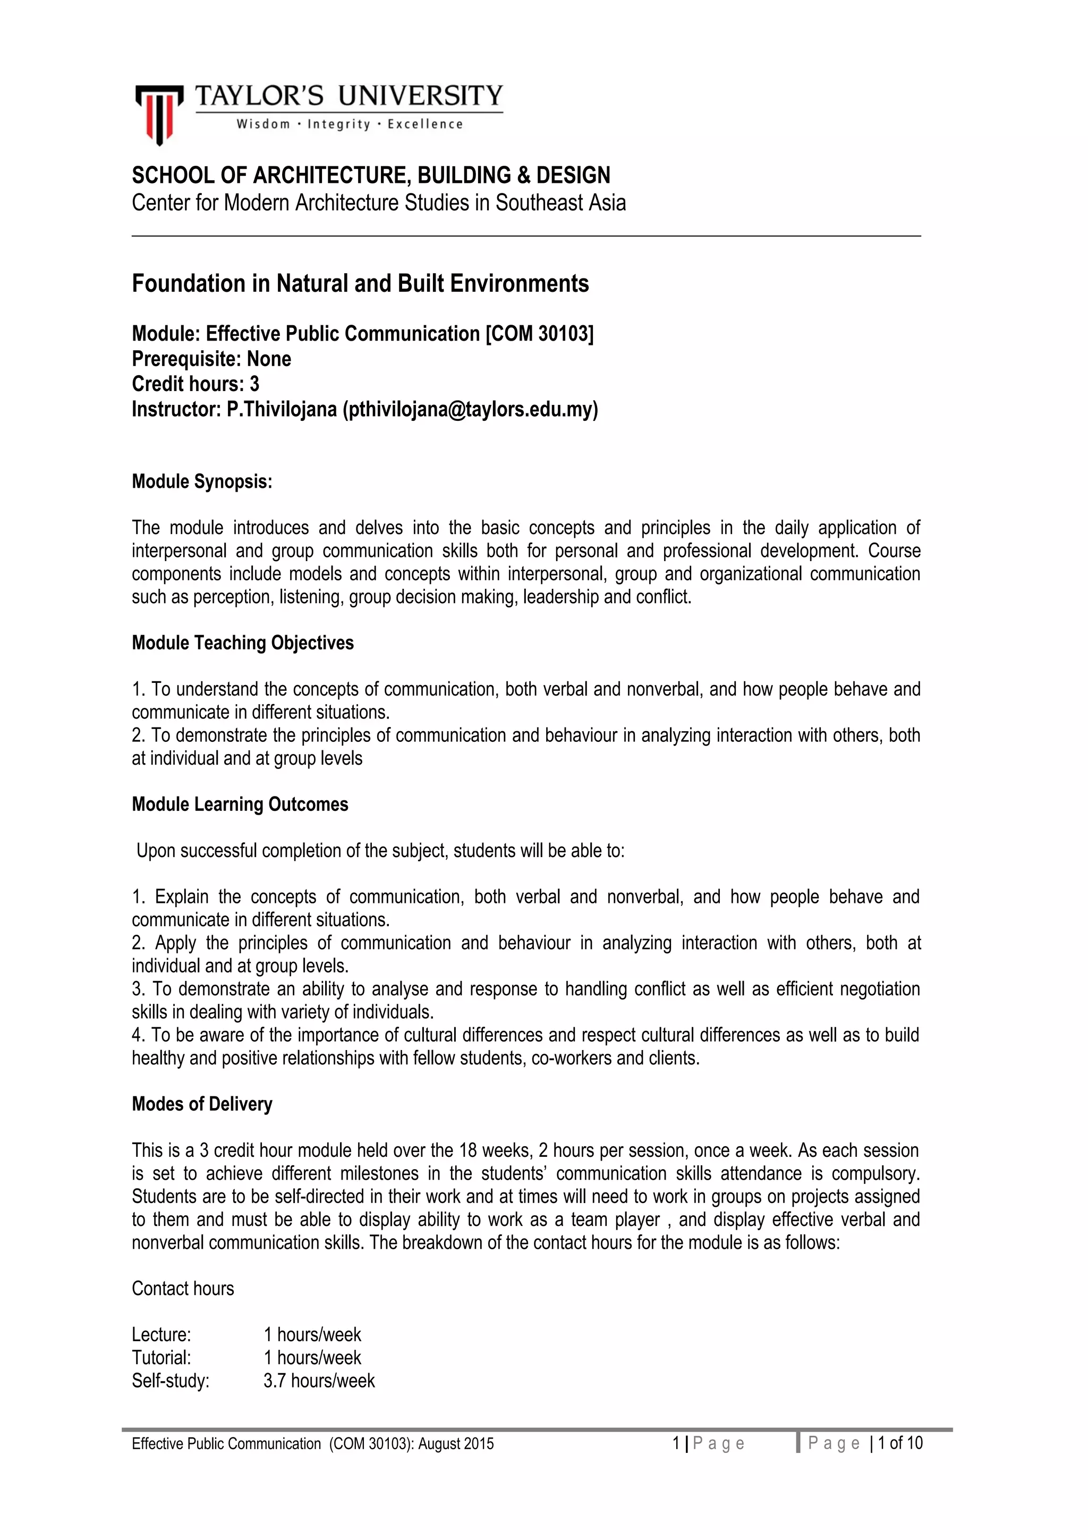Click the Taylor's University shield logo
click(x=159, y=114)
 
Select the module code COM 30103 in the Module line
click(x=539, y=333)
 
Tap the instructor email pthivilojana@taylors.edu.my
click(x=470, y=409)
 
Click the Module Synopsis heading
click(x=202, y=481)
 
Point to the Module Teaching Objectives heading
click(x=243, y=642)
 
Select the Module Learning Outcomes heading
click(x=240, y=804)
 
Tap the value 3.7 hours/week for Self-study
click(x=319, y=1381)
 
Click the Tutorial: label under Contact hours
click(x=161, y=1358)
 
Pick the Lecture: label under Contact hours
click(x=161, y=1334)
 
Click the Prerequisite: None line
click(x=211, y=359)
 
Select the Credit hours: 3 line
click(x=195, y=384)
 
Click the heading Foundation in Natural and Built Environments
click(x=360, y=284)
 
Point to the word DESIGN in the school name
click(x=573, y=175)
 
